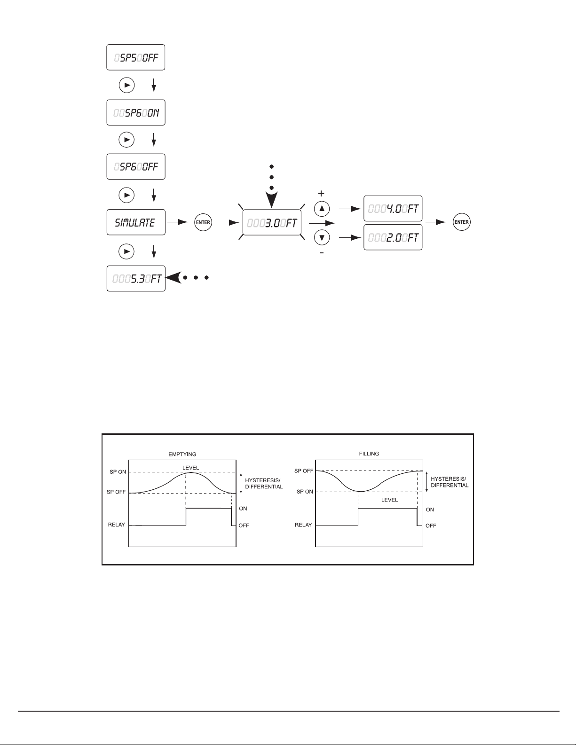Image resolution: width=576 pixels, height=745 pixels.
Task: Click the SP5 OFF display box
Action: [136, 58]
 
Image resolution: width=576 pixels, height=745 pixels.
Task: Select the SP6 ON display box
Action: [136, 112]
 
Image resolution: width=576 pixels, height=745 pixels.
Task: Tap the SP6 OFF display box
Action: [136, 167]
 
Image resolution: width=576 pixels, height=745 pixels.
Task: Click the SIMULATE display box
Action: [136, 222]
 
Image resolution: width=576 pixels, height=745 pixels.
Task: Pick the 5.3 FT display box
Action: [136, 278]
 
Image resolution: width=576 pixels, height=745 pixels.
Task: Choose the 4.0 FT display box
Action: [393, 208]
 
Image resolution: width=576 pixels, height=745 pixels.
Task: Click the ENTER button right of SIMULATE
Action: [203, 222]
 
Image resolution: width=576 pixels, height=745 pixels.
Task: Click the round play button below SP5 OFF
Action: [126, 86]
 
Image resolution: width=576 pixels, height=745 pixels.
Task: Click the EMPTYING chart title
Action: [182, 455]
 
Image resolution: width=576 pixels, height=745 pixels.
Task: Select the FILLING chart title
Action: [369, 454]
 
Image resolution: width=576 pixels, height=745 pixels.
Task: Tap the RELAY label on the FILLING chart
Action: [303, 525]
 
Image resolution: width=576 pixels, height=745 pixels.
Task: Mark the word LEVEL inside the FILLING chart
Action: [389, 500]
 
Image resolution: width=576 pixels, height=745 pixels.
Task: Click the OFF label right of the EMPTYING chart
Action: [244, 525]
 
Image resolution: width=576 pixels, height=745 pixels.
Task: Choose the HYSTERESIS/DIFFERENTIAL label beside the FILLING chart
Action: [450, 482]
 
